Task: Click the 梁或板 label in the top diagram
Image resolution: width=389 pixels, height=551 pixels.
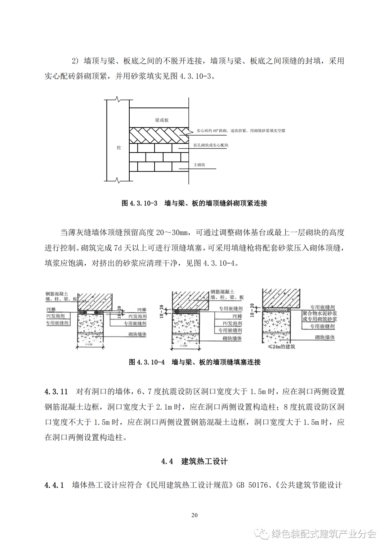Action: click(x=162, y=120)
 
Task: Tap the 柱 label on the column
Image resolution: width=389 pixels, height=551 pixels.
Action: click(x=119, y=147)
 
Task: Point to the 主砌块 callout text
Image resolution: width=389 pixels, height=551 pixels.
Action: click(x=199, y=165)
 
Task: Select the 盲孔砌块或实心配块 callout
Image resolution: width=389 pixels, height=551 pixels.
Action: click(x=211, y=145)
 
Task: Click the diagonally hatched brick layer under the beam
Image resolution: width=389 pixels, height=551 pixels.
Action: click(x=158, y=135)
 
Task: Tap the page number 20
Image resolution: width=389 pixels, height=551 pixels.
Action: click(x=194, y=515)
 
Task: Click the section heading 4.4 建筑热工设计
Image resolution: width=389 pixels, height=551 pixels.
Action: click(x=194, y=461)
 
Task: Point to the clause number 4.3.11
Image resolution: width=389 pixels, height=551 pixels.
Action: click(x=56, y=391)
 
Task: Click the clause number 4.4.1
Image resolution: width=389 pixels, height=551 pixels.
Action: click(x=54, y=485)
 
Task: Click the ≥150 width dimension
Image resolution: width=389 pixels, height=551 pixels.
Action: click(x=89, y=345)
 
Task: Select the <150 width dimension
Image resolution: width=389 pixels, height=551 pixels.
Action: click(x=183, y=346)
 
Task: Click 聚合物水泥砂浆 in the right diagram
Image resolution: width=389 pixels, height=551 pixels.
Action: click(x=320, y=313)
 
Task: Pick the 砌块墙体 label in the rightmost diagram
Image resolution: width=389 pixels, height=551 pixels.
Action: click(x=325, y=337)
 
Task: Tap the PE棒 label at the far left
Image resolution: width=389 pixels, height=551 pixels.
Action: click(x=51, y=309)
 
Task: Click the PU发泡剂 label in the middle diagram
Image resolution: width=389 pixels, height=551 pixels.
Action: click(x=232, y=323)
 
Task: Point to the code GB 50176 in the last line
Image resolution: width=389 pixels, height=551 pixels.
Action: click(x=252, y=485)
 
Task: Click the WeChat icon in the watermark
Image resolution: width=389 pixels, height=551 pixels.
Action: click(x=262, y=533)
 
